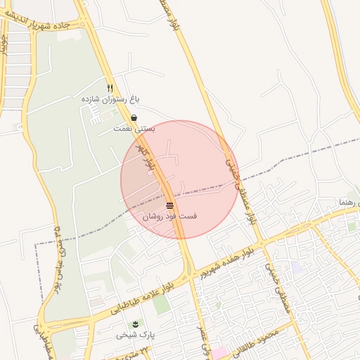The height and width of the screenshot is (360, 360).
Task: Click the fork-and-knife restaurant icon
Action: click(110, 87)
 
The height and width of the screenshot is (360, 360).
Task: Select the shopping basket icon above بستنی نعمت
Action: click(134, 117)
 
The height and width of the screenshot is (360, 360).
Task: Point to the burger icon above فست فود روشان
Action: click(170, 205)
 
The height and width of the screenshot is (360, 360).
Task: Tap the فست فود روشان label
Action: click(169, 217)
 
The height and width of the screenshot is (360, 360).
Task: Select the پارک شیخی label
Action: click(136, 335)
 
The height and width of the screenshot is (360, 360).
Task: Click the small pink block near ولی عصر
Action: click(219, 352)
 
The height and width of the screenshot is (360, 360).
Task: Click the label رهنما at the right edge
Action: click(349, 202)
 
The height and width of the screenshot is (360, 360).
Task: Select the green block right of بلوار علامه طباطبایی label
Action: click(161, 304)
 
